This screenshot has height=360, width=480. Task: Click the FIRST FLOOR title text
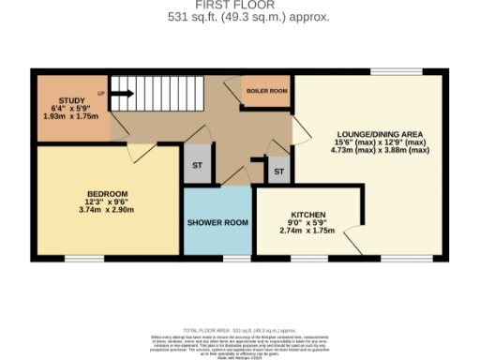tap(239, 5)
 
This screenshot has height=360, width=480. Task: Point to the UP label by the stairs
tap(101, 94)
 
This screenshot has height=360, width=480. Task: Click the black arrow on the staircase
tap(122, 93)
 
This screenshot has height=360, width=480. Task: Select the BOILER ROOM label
tap(266, 91)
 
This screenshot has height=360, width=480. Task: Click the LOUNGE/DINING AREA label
tap(380, 133)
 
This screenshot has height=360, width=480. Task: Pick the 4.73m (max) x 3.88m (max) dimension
tap(380, 151)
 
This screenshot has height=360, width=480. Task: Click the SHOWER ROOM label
tap(217, 223)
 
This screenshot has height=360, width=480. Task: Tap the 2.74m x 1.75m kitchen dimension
tap(307, 231)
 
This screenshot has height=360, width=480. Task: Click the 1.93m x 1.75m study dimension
tap(72, 116)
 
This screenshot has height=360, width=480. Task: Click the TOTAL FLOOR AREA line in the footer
tap(240, 331)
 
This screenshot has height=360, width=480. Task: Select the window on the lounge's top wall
tap(387, 71)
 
